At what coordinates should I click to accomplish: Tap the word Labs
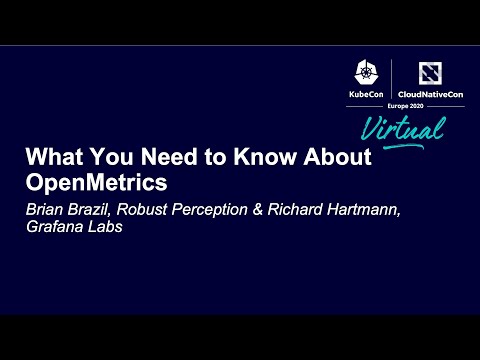(x=110, y=228)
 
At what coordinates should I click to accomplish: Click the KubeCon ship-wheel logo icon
(x=364, y=73)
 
